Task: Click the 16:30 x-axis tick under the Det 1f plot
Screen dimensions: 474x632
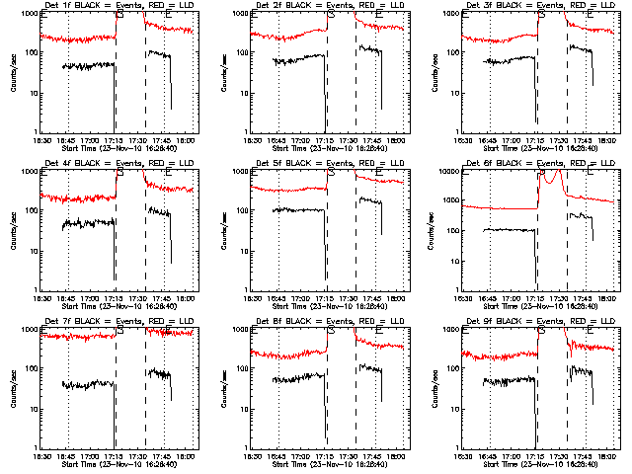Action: click(x=41, y=141)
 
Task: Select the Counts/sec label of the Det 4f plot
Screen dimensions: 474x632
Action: click(x=12, y=229)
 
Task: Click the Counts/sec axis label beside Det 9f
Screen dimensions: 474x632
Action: click(x=433, y=387)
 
